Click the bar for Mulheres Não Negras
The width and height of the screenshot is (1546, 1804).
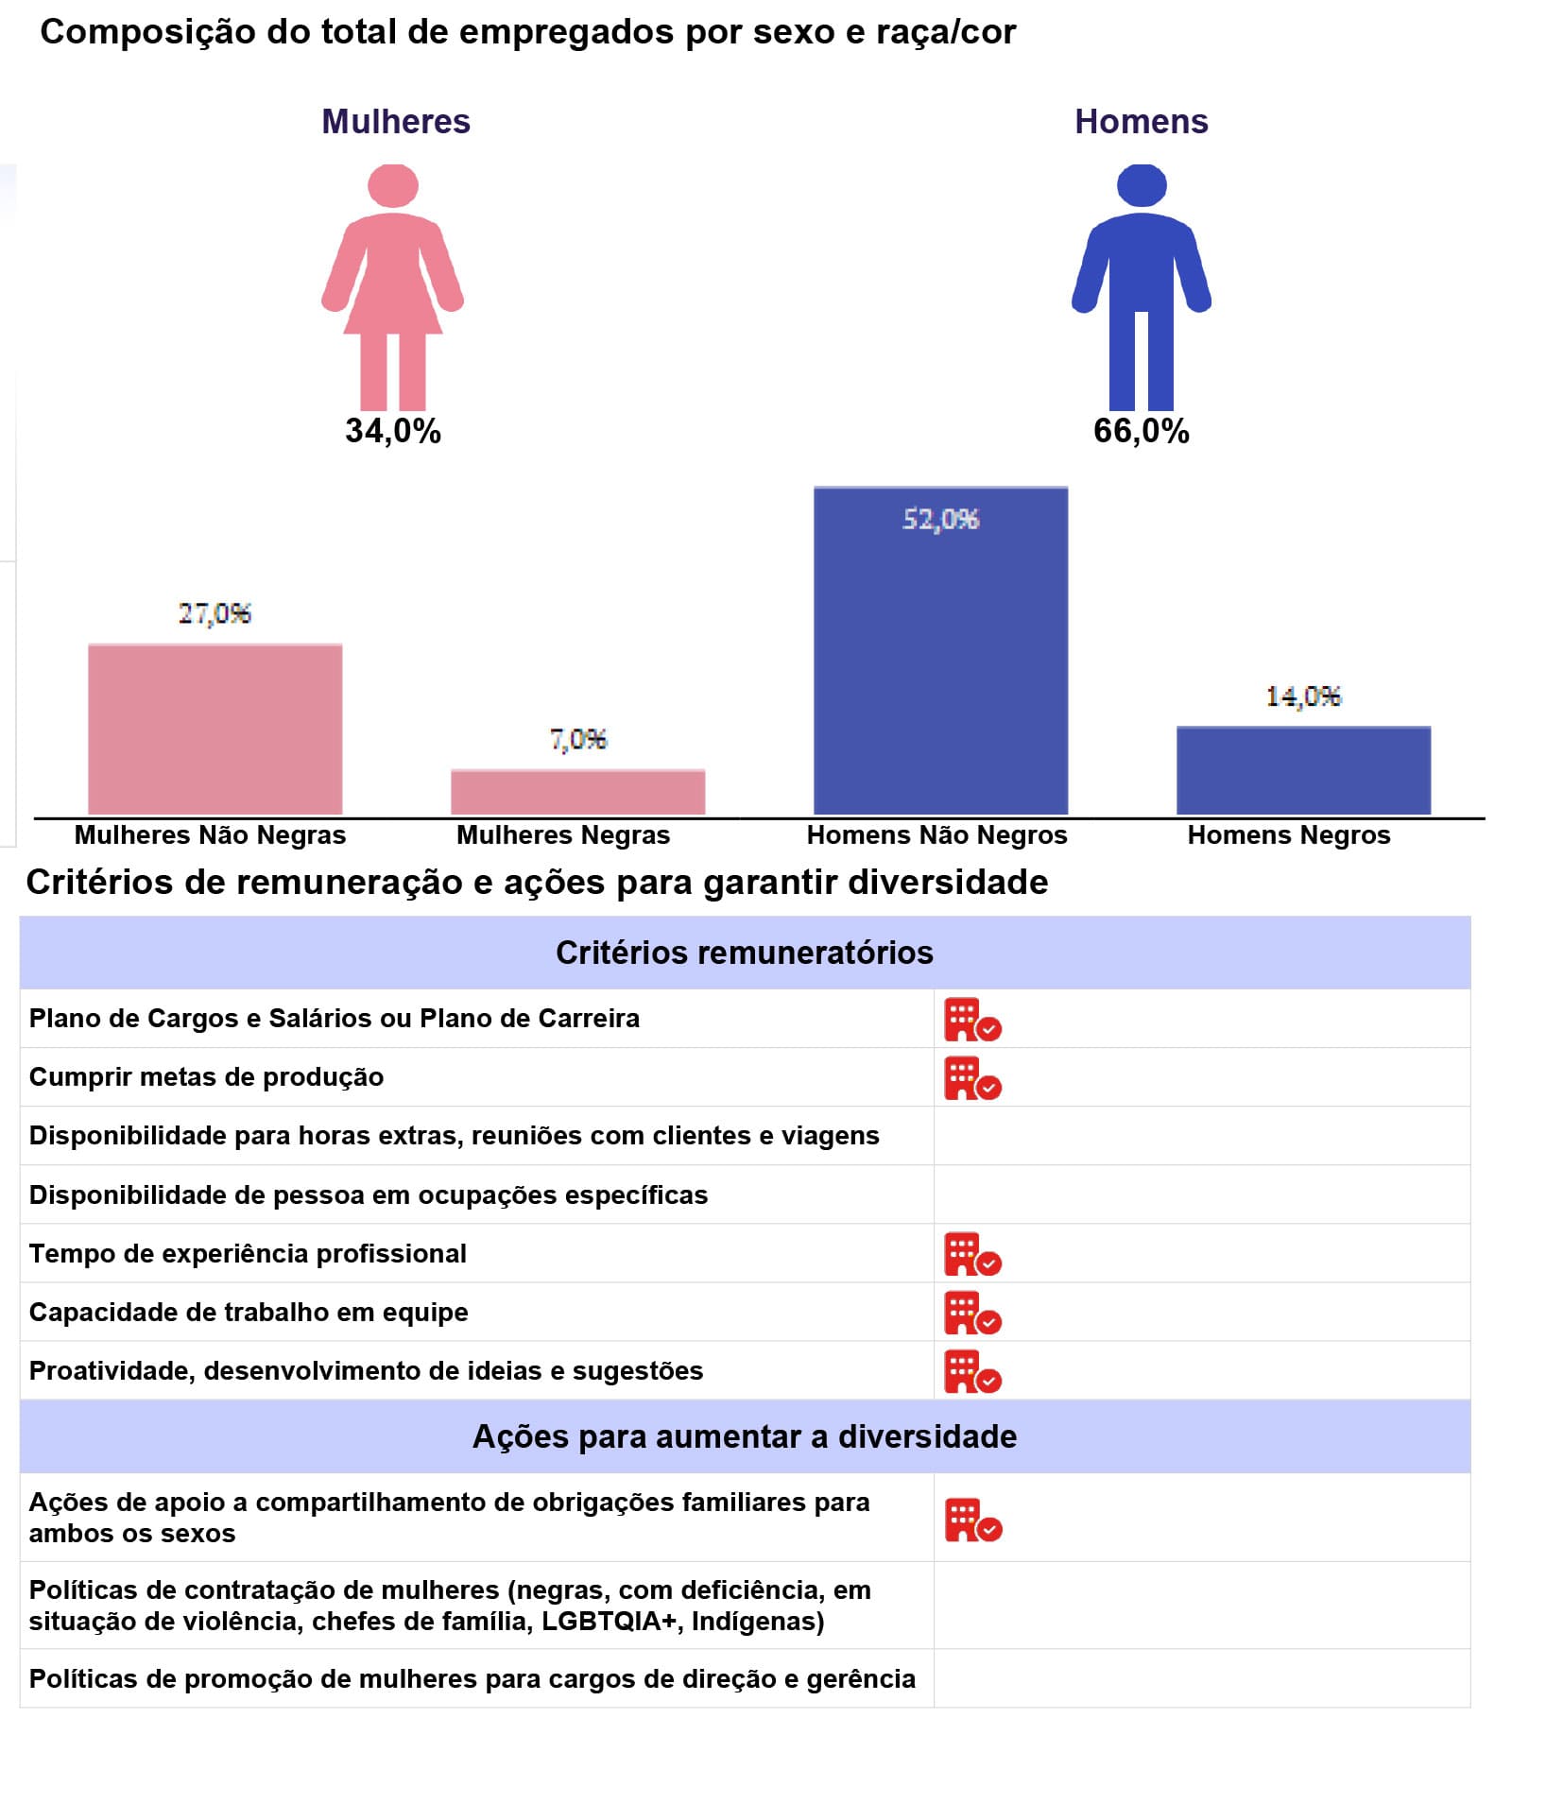pyautogui.click(x=215, y=729)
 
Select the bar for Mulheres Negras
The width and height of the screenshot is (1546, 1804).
pyautogui.click(x=577, y=792)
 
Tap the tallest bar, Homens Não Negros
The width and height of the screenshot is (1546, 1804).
pyautogui.click(x=940, y=651)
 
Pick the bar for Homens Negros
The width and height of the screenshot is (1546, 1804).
pyautogui.click(x=1303, y=770)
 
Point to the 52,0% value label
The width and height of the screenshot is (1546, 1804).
pyautogui.click(x=940, y=519)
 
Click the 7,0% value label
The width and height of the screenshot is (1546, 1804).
pyautogui.click(x=577, y=738)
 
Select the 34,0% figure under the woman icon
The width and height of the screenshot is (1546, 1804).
pyautogui.click(x=393, y=431)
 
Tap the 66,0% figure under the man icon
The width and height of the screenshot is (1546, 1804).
pyautogui.click(x=1141, y=431)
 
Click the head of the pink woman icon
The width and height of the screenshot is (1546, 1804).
pyautogui.click(x=393, y=185)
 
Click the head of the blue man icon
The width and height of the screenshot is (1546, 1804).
pyautogui.click(x=1142, y=185)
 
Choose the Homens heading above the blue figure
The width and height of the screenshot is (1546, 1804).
pyautogui.click(x=1141, y=122)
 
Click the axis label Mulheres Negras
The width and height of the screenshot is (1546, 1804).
pyautogui.click(x=563, y=835)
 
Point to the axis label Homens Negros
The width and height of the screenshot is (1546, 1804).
pyautogui.click(x=1289, y=835)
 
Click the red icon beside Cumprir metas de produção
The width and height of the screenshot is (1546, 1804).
pyautogui.click(x=972, y=1078)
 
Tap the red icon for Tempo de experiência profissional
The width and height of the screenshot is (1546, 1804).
pyautogui.click(x=972, y=1254)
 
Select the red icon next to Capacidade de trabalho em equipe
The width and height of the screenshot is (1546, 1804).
pyautogui.click(x=972, y=1313)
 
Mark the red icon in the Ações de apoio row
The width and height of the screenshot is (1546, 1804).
pyautogui.click(x=973, y=1520)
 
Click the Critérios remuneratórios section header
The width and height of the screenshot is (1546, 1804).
pyautogui.click(x=745, y=953)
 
